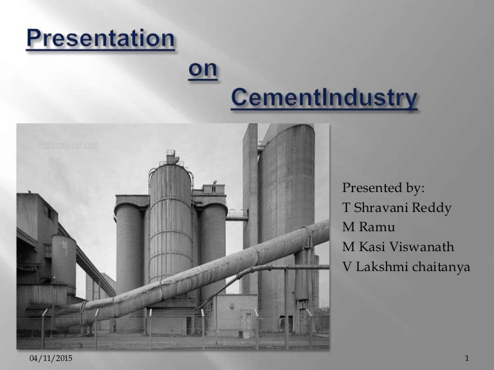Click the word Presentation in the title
tap(100, 39)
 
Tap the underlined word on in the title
tap(203, 69)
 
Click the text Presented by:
tap(383, 188)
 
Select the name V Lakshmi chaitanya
tap(406, 266)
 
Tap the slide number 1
tap(465, 357)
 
